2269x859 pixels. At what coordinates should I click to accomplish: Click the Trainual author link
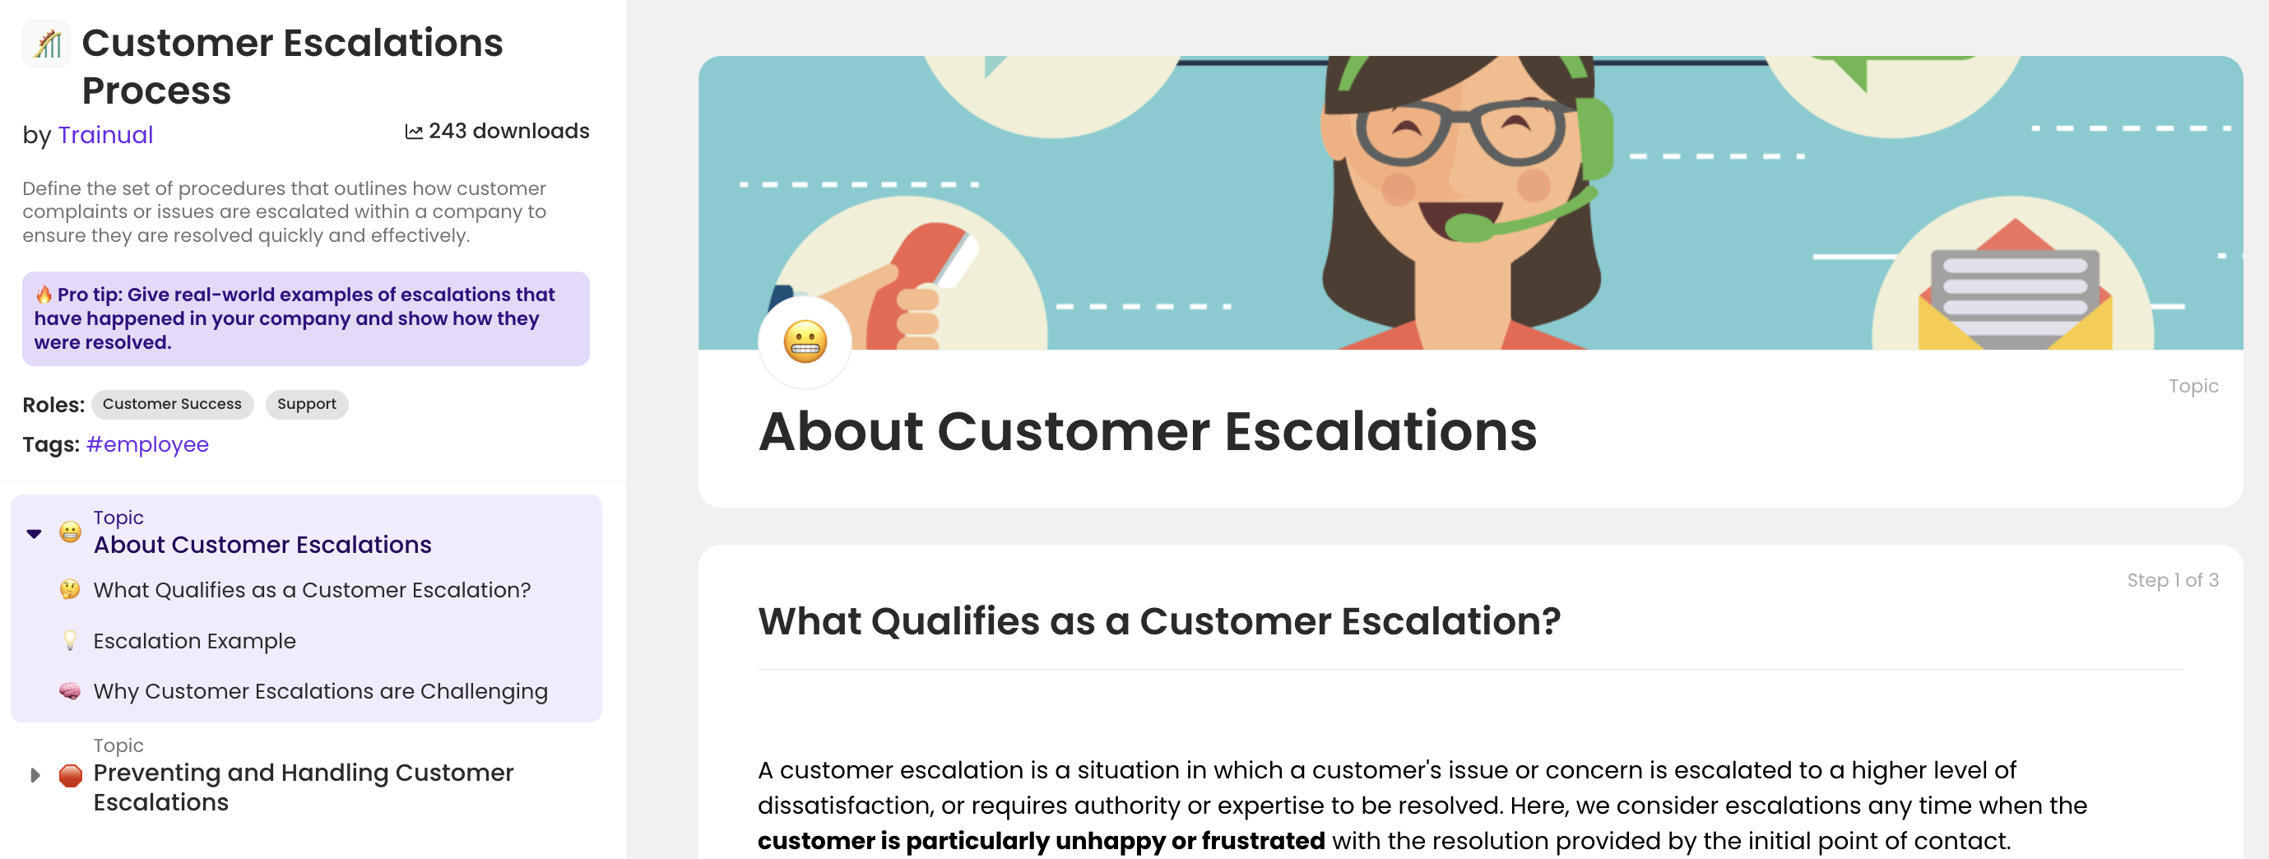pos(104,135)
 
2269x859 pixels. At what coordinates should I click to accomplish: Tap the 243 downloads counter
pos(497,132)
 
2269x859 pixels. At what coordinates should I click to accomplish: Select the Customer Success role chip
pos(172,404)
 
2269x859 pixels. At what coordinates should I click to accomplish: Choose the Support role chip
pos(307,404)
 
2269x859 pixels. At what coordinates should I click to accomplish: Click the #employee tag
pos(147,444)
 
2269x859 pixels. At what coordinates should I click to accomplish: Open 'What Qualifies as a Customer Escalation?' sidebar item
pos(312,589)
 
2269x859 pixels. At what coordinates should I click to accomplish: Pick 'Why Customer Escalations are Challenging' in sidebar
pos(320,692)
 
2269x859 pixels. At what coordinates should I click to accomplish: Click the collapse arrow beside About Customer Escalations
pos(35,533)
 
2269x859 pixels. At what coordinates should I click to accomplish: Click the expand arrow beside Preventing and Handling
pos(35,775)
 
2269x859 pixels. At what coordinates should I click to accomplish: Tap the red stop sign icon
pos(71,775)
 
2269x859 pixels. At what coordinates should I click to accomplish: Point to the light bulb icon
pos(71,640)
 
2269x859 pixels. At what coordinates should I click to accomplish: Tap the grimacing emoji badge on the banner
pos(805,341)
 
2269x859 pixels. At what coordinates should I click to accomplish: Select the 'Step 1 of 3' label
pos(2172,580)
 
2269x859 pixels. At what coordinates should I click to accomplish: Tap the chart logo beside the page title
pos(47,43)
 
